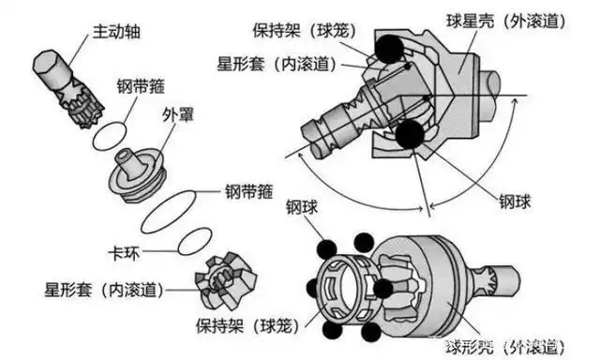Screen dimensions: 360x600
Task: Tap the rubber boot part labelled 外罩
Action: (x=137, y=173)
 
